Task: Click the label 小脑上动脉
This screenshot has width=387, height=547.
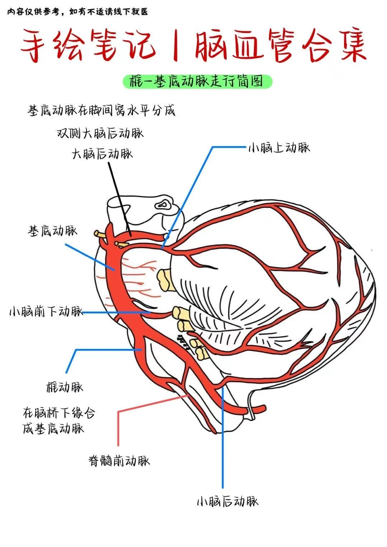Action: point(279,148)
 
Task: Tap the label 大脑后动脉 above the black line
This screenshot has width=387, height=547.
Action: point(102,154)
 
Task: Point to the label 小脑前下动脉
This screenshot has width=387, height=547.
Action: point(46,312)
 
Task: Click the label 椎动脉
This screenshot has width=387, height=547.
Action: point(65,387)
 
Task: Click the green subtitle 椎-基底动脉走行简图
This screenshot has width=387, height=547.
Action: point(197,82)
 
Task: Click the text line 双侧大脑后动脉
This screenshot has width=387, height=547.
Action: point(100,133)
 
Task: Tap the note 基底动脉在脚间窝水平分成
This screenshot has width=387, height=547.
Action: point(102,111)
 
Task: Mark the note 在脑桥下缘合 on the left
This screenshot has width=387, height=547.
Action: point(59,413)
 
